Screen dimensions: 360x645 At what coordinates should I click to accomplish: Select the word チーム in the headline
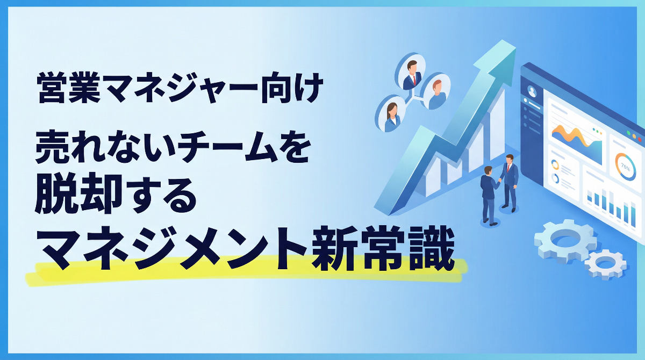[226, 152]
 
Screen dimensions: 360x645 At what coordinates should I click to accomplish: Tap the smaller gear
[606, 263]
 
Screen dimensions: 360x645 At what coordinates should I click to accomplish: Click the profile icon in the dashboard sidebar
[533, 91]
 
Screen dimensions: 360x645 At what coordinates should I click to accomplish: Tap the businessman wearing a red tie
[508, 180]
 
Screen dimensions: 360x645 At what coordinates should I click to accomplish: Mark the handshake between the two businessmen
[499, 181]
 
